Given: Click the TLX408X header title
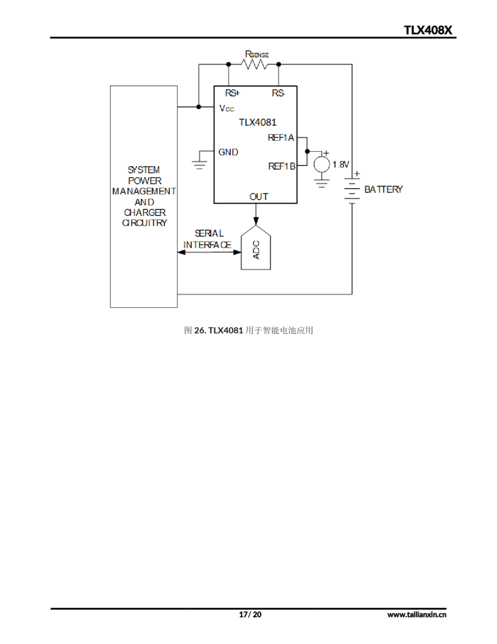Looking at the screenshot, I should pos(427,30).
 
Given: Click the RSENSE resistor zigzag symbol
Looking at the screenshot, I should pos(254,64).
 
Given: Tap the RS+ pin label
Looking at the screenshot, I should pos(232,93).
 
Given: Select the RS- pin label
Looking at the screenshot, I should pos(278,93).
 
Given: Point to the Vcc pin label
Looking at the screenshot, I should pos(227,108).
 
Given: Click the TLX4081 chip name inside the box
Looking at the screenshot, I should pos(258,122).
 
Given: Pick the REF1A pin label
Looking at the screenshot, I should pos(280,138).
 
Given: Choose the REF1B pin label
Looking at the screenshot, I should pos(281,166).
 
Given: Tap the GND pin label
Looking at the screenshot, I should pos(228,152).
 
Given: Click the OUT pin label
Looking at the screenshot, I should pos(258,197).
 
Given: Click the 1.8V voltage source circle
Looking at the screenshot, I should pos(321,164).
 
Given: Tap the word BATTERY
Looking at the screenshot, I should pos(383,189).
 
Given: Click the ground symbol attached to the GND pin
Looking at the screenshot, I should pos(200,165).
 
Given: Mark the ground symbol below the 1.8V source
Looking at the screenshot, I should pos(321,183).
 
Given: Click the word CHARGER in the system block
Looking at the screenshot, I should pos(145,212).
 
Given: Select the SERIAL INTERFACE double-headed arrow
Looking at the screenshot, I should pos(209,252).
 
